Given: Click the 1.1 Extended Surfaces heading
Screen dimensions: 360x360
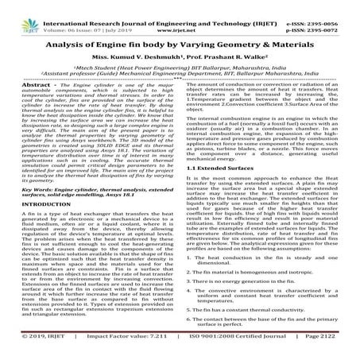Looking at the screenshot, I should coord(226,168).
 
